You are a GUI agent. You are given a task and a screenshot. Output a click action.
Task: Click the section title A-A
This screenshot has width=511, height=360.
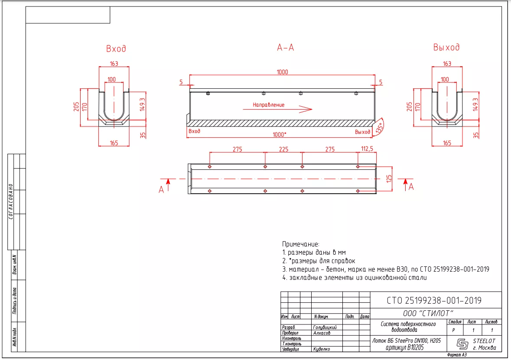(x=286, y=48)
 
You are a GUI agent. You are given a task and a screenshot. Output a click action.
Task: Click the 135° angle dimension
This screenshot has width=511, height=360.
(x=380, y=127)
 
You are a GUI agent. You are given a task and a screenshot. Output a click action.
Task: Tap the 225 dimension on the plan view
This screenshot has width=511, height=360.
(x=283, y=149)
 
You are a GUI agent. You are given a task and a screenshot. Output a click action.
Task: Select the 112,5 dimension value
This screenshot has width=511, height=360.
(x=367, y=149)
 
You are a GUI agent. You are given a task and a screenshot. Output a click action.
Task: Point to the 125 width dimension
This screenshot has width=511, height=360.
(x=389, y=178)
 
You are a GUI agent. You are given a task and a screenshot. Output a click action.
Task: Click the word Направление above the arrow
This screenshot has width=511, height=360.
(x=269, y=105)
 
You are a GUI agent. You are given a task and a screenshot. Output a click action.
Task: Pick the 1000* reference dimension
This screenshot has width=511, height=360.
(x=279, y=135)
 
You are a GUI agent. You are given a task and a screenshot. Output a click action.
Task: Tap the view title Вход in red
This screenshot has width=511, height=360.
(x=116, y=49)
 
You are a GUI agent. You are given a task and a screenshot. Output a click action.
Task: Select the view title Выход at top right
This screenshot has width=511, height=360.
(x=446, y=48)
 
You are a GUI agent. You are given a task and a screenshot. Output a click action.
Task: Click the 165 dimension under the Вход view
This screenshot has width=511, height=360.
(x=114, y=143)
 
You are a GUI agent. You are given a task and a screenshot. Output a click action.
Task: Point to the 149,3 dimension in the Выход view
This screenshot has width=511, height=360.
(x=475, y=104)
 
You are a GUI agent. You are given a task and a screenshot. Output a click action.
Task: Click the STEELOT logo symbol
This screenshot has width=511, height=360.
(x=462, y=344)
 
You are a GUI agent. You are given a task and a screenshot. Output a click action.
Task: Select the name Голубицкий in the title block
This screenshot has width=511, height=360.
(x=325, y=327)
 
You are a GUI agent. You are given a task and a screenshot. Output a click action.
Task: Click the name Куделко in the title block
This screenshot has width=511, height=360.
(x=321, y=349)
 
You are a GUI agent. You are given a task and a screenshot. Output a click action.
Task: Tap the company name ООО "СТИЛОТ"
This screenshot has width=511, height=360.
(x=428, y=313)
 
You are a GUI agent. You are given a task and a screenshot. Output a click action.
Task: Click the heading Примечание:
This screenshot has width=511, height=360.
(x=300, y=244)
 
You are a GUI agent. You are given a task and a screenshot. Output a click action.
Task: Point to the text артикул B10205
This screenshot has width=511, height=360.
(x=404, y=347)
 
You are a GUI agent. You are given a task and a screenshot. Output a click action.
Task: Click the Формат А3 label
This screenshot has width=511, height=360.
(x=457, y=355)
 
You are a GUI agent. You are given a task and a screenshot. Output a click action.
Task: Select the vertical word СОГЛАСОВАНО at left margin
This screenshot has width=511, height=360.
(x=11, y=201)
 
